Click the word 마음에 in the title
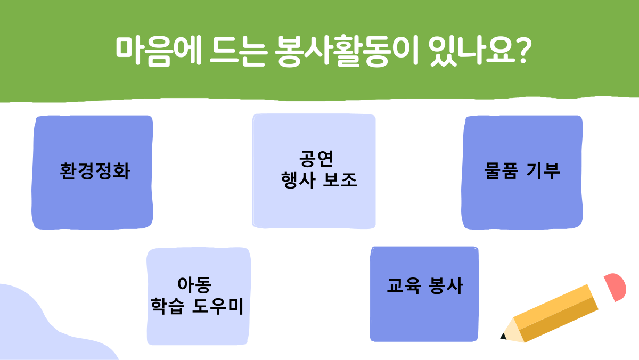click(x=158, y=51)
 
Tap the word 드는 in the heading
click(x=239, y=51)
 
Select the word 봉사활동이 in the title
click(x=347, y=51)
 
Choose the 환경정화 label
click(x=95, y=171)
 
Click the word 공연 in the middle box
click(x=316, y=158)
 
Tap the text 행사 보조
click(x=319, y=181)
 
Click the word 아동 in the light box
click(x=194, y=284)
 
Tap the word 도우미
click(x=218, y=306)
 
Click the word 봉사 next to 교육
click(x=446, y=285)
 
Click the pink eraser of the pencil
click(x=616, y=286)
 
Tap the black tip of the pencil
click(x=504, y=336)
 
